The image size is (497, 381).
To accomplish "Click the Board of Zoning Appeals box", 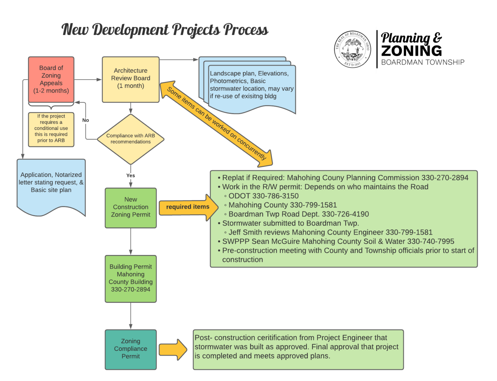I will [x=51, y=79].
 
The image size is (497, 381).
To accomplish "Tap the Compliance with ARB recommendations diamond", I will [x=130, y=139].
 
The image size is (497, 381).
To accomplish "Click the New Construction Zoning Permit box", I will [x=130, y=207].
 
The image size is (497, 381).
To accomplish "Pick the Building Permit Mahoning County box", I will [x=130, y=278].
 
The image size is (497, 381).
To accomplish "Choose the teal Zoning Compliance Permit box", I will [x=130, y=349].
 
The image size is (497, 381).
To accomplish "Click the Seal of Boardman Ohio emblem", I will [x=352, y=50].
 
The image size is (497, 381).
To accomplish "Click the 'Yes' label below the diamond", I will [x=130, y=175].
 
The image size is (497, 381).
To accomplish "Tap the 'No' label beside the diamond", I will [x=85, y=120].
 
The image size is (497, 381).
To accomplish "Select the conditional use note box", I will [x=51, y=129].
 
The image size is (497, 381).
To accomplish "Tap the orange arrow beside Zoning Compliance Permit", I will [x=172, y=350].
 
